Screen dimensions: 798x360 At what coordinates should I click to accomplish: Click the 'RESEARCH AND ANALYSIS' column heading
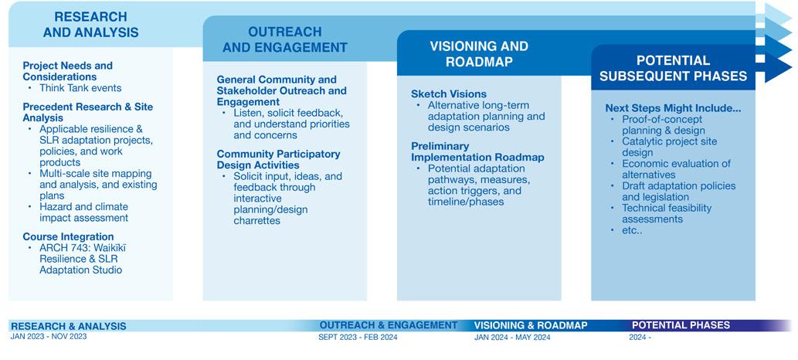(90, 25)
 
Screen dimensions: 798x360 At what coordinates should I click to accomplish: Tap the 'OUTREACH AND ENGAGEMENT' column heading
(284, 39)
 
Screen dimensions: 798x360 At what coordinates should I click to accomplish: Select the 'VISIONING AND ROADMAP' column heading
(479, 54)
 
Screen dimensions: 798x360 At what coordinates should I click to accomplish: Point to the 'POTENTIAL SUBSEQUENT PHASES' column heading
(673, 68)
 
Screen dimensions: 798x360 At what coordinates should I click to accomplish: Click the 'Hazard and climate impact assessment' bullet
(83, 212)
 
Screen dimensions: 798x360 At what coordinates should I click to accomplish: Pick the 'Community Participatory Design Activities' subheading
(278, 159)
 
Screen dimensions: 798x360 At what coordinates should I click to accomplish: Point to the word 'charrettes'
(256, 220)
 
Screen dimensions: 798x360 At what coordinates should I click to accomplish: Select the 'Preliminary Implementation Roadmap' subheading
(477, 151)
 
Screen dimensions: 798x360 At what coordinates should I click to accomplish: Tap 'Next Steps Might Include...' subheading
(673, 108)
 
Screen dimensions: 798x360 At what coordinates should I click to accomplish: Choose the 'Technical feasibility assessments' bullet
(666, 213)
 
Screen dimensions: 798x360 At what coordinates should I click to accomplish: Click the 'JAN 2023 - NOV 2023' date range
(49, 337)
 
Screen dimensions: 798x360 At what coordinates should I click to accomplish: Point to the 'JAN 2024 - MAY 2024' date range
(512, 338)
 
